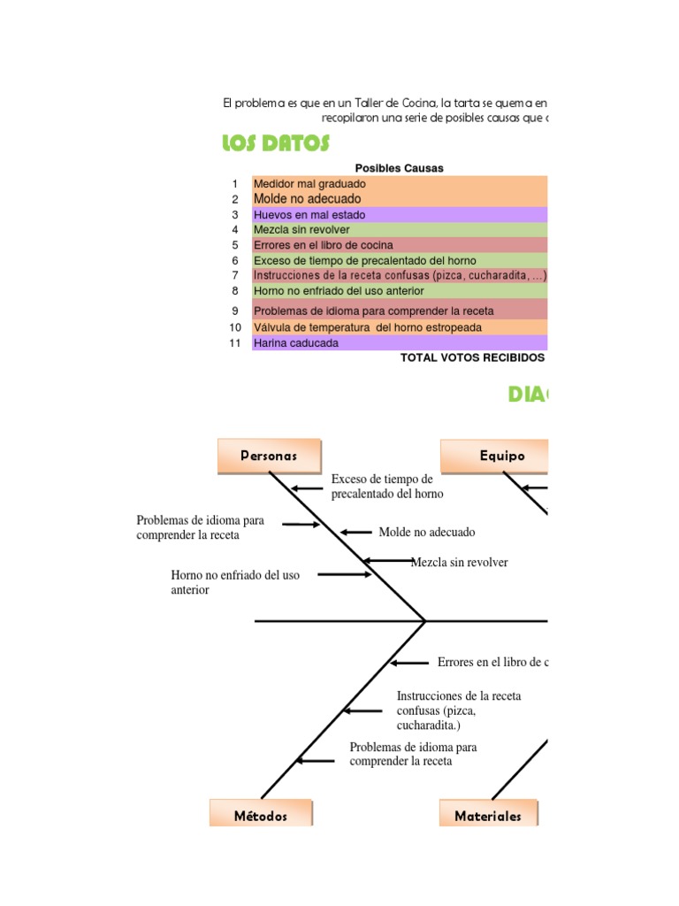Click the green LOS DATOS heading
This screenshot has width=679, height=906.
tap(276, 143)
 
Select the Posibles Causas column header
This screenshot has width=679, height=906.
tap(399, 168)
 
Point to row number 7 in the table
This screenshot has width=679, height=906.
tap(235, 275)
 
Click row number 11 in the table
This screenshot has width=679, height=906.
tap(235, 342)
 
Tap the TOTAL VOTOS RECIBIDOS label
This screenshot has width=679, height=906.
tap(472, 358)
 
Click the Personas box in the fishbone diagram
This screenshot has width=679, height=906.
tap(269, 456)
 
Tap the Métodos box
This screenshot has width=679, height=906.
tap(261, 816)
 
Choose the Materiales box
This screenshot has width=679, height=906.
tap(488, 816)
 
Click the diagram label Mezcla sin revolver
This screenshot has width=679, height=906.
tap(460, 563)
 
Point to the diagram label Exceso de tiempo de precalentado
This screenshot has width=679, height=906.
tap(387, 487)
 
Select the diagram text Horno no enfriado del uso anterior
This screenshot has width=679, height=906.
tap(235, 582)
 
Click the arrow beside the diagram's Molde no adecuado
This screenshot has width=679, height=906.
tap(356, 532)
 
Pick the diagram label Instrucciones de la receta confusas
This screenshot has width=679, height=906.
tap(459, 710)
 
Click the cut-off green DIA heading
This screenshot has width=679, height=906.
tap(527, 395)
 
